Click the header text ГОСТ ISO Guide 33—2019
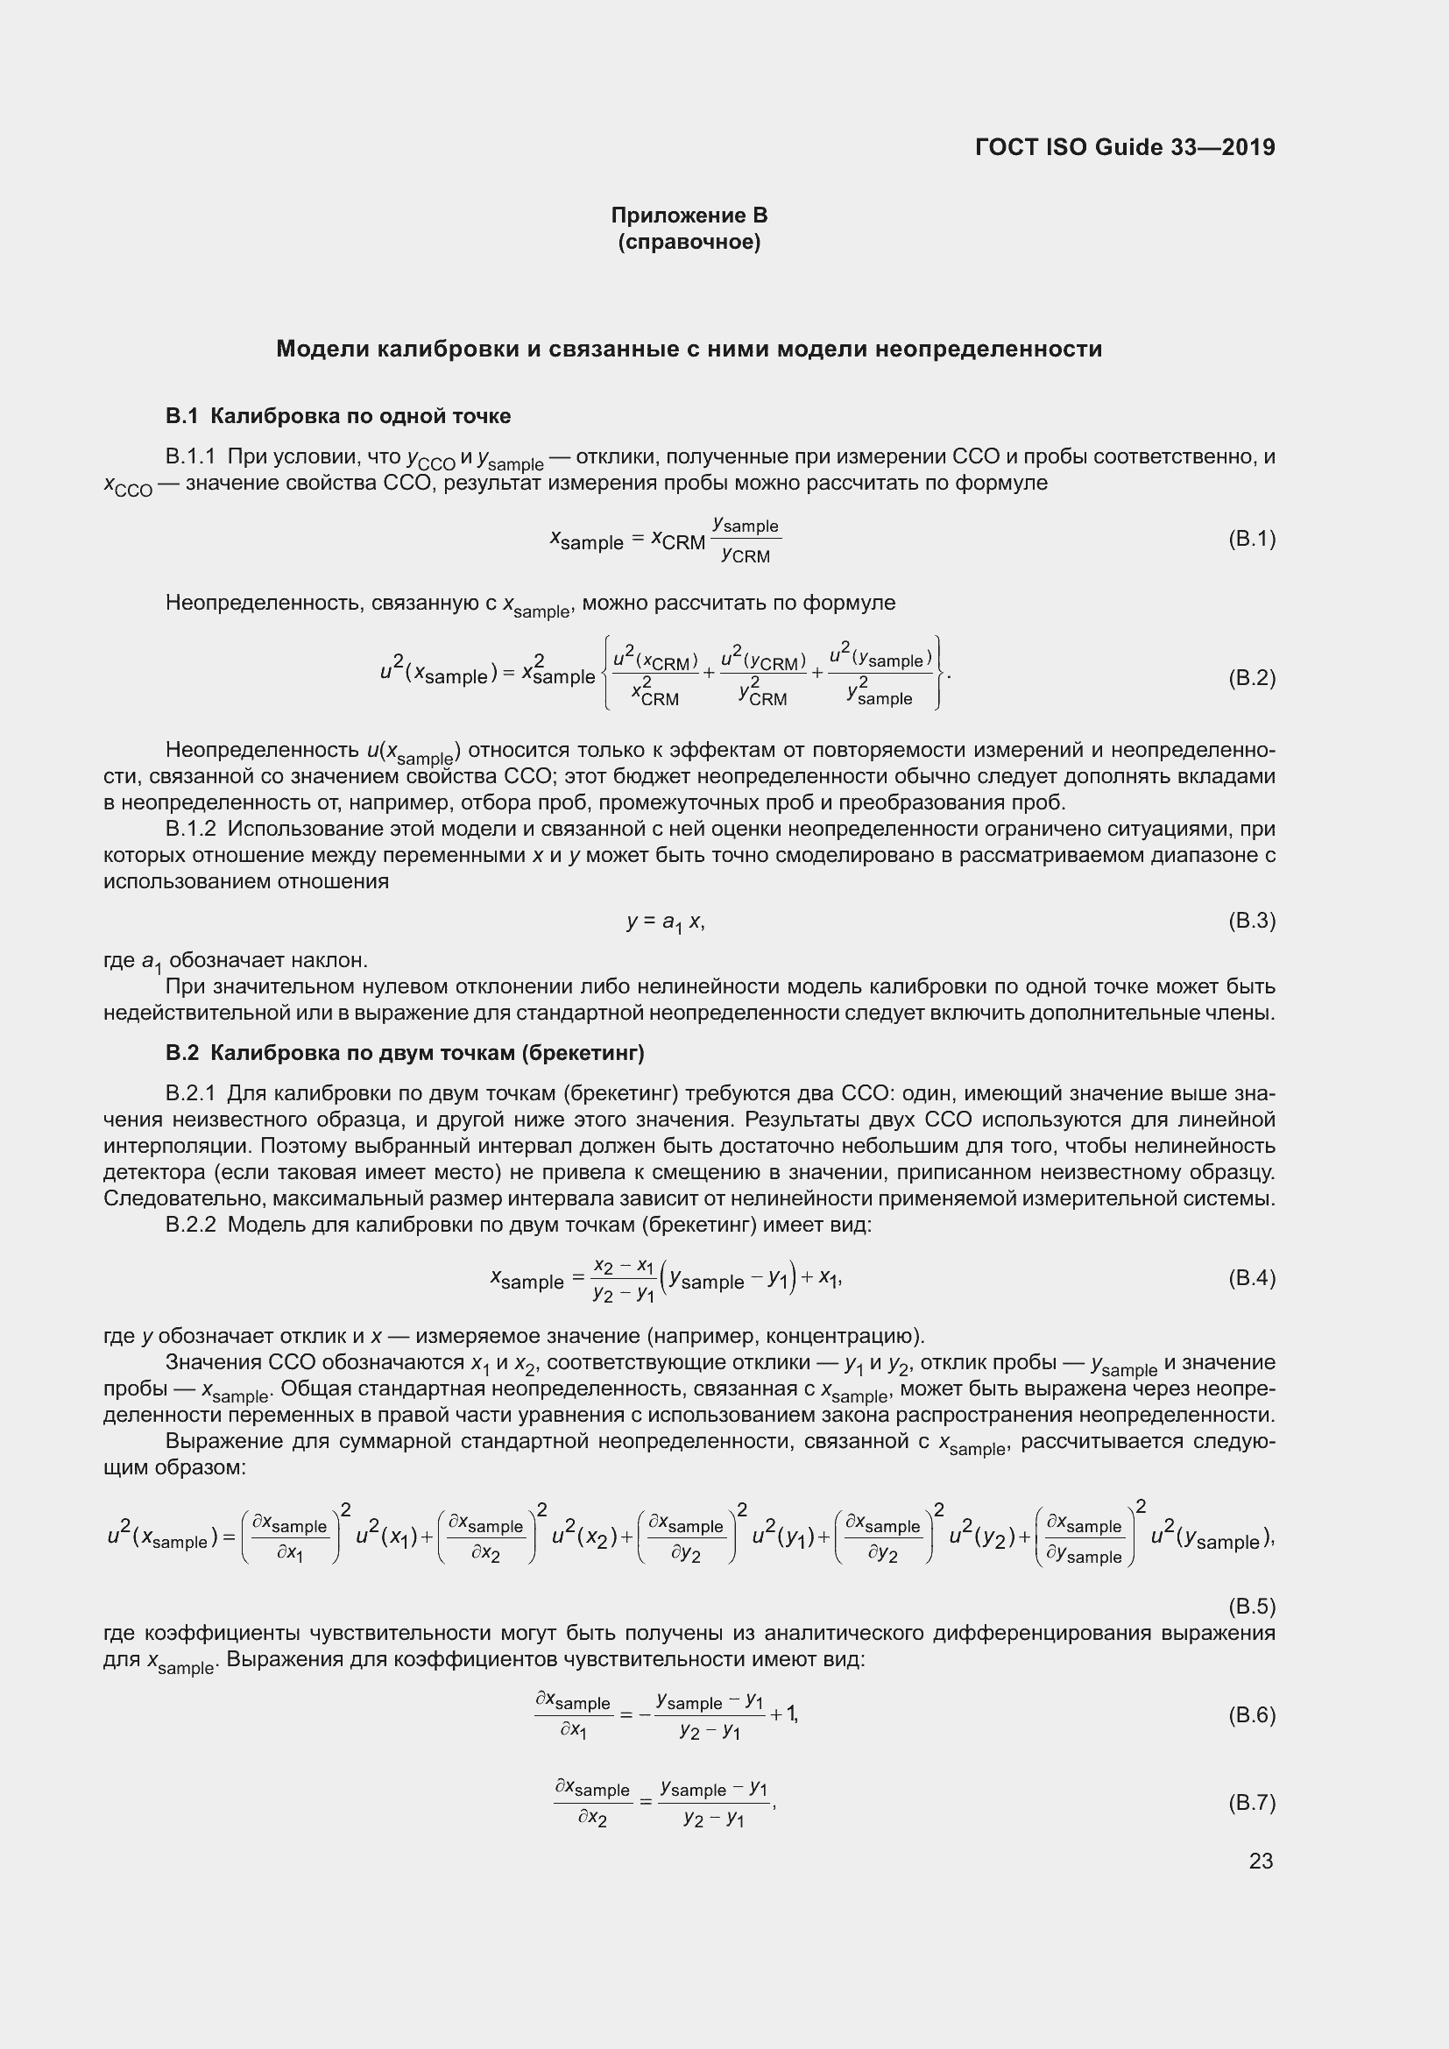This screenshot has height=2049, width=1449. [1125, 147]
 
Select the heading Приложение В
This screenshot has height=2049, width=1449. [689, 215]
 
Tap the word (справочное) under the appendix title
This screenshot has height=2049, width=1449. [689, 242]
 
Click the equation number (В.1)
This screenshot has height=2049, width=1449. [1251, 538]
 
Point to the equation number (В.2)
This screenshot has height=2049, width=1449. [1251, 677]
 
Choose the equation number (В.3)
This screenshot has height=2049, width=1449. [1251, 920]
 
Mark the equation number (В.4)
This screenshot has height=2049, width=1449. [1251, 1278]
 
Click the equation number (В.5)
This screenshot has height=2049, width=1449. [1251, 1607]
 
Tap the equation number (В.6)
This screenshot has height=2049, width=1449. [1251, 1715]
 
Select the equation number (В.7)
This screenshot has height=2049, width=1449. [1251, 1803]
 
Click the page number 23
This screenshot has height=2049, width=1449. [1261, 1861]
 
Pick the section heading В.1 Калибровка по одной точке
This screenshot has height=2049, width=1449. [338, 416]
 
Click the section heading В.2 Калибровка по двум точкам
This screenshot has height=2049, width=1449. [404, 1053]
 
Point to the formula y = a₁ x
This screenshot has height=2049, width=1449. [666, 922]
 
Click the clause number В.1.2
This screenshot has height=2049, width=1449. [191, 829]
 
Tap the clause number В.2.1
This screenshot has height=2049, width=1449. [191, 1093]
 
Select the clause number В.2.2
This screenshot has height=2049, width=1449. [191, 1225]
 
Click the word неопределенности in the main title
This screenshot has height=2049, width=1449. [987, 349]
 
